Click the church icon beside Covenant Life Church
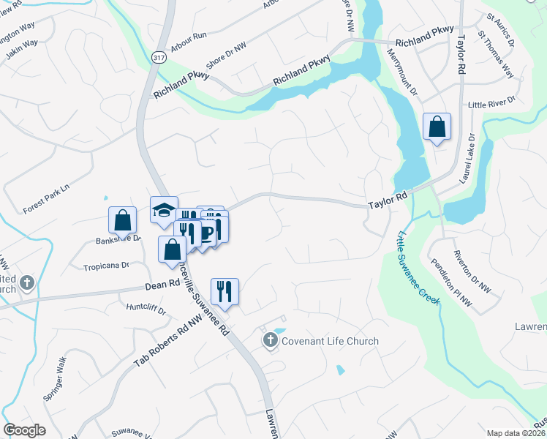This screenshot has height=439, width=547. click(270, 340)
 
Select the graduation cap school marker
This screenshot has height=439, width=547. click(164, 211)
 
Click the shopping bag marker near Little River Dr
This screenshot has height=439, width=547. click(437, 127)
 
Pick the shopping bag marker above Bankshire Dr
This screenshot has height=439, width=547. click(123, 220)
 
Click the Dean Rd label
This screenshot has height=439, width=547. click(162, 283)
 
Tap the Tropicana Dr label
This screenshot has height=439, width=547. click(106, 266)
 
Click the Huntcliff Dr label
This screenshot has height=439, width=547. click(146, 309)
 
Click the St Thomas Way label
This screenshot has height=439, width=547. click(495, 55)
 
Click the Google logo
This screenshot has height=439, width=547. click(24, 430)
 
